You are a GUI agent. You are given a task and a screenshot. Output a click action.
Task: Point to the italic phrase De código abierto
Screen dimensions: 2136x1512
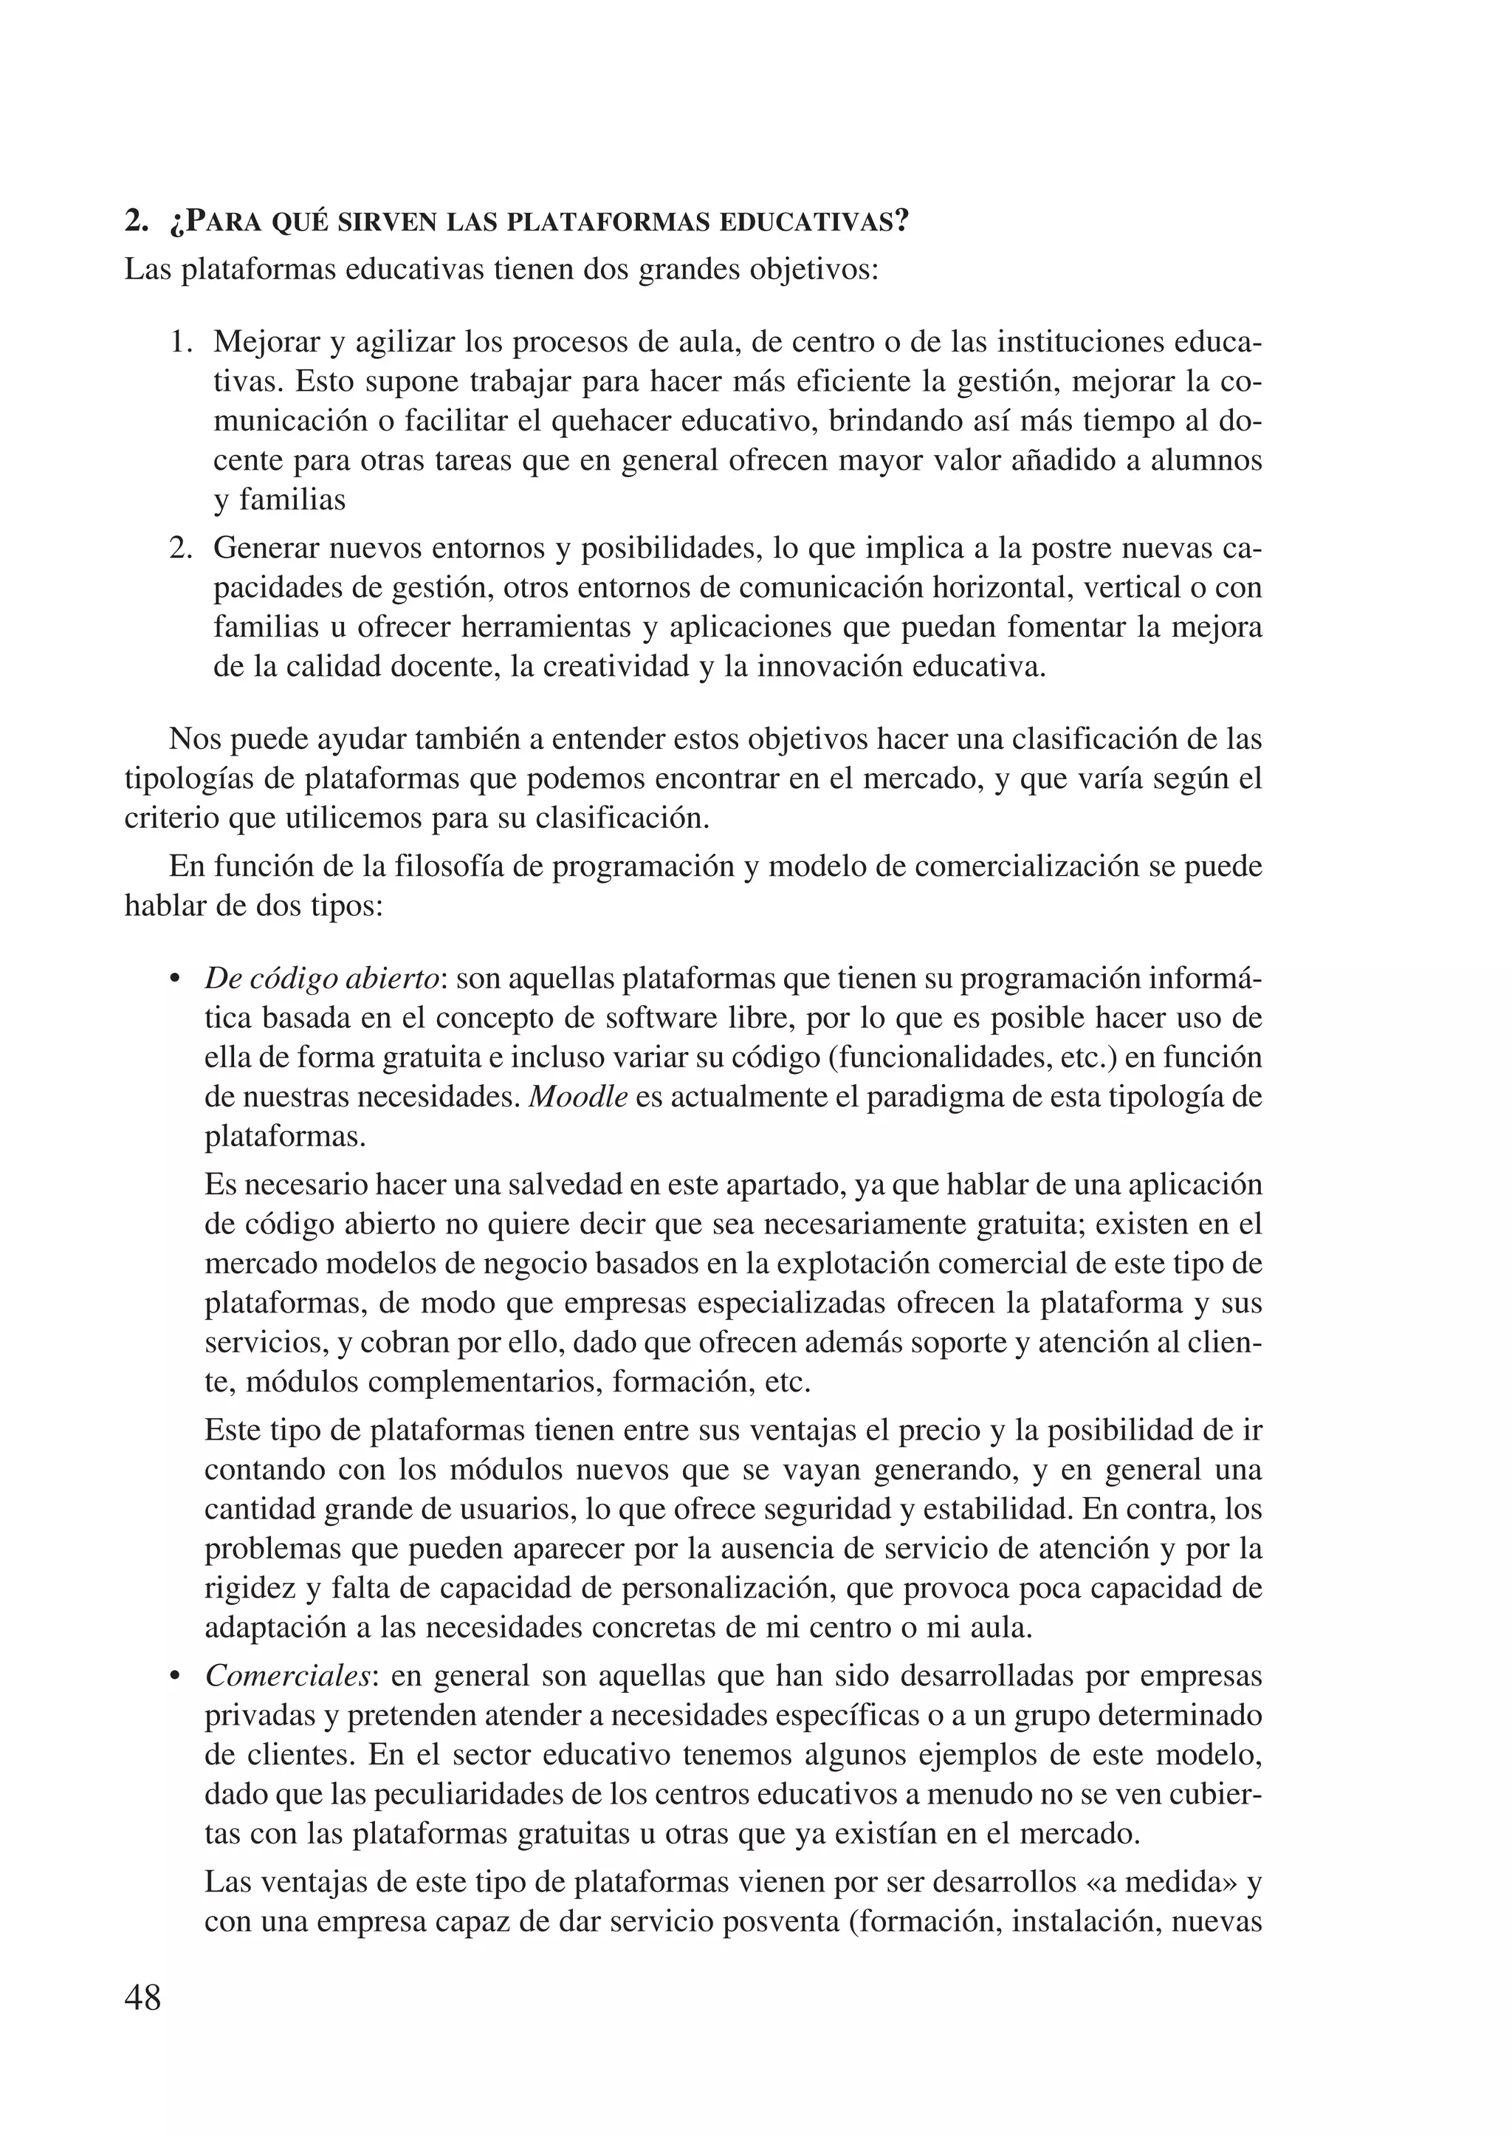coord(322,979)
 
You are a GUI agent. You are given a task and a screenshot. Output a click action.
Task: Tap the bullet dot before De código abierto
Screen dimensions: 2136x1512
coord(174,981)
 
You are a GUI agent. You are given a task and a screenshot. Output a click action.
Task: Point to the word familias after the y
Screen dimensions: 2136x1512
coord(292,500)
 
